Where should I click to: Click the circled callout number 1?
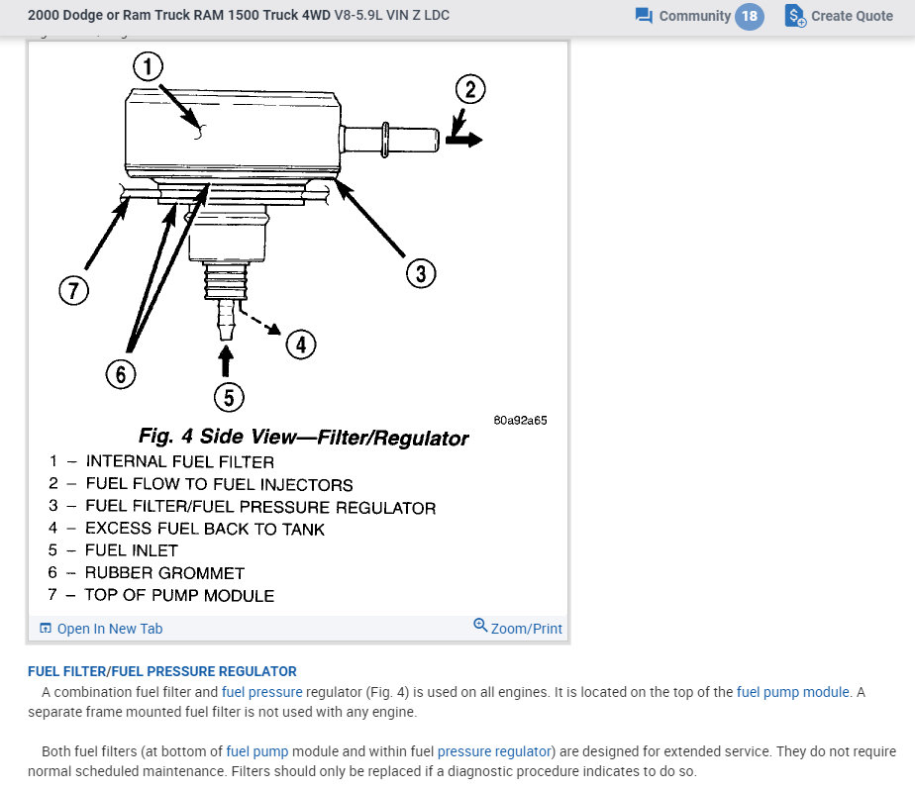(x=148, y=67)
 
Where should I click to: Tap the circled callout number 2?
(x=470, y=90)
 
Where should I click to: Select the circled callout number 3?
(x=420, y=273)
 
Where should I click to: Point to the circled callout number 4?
(x=300, y=344)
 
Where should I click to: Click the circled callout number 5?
(x=228, y=397)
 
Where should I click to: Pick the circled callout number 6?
(x=120, y=374)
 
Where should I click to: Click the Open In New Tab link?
(x=109, y=629)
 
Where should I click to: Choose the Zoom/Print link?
(x=526, y=629)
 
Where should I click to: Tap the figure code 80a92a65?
(x=520, y=420)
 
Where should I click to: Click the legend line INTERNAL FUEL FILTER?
(x=179, y=461)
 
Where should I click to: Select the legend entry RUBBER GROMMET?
(x=164, y=573)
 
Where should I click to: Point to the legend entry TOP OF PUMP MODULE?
(x=179, y=595)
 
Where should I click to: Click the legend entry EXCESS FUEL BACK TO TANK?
(x=204, y=529)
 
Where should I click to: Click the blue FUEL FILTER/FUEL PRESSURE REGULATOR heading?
(x=162, y=671)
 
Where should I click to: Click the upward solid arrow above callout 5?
(x=227, y=358)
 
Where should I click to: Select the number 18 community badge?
(x=750, y=16)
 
